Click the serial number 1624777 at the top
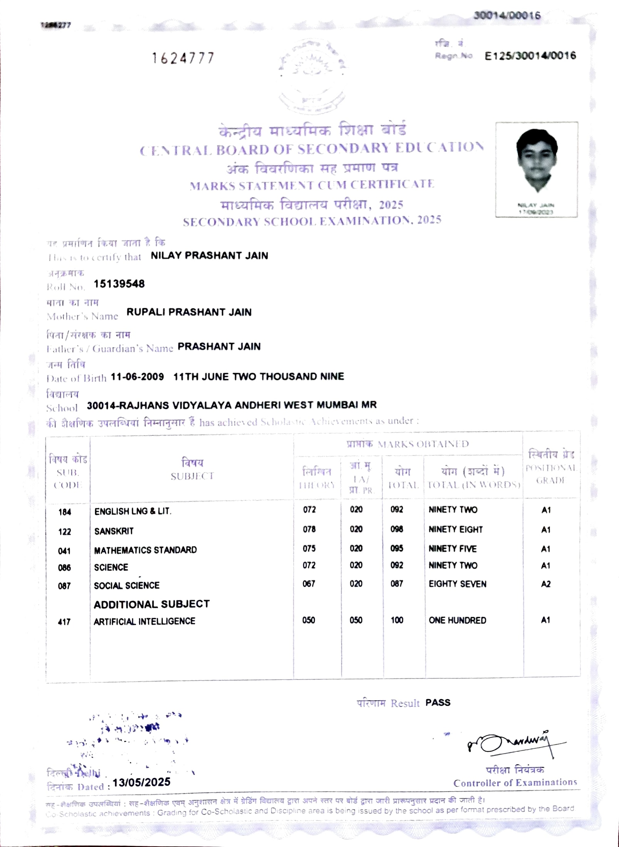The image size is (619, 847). pos(183,59)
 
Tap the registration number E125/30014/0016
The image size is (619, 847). pos(530,56)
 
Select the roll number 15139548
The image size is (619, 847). pos(119,284)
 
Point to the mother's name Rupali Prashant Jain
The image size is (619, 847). pos(189,312)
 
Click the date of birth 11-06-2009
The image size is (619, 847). pos(137,377)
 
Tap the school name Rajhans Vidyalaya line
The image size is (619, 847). pos(231,405)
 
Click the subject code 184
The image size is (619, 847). pos(65,512)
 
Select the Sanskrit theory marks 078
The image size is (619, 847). pos(309,529)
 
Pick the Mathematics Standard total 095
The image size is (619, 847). pos(396,548)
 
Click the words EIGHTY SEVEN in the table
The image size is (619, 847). pos(457,584)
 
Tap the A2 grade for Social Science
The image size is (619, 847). pos(545,584)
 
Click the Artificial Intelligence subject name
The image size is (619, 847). pos(144,621)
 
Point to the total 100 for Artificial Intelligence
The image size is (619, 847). pos(397,620)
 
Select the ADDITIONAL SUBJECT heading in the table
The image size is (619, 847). pos(152,604)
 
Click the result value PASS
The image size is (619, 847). pos(438,703)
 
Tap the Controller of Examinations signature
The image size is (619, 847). pos(512,743)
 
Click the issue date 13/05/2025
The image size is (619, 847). pos(141,782)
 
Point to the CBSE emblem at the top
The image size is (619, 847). pos(312,75)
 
